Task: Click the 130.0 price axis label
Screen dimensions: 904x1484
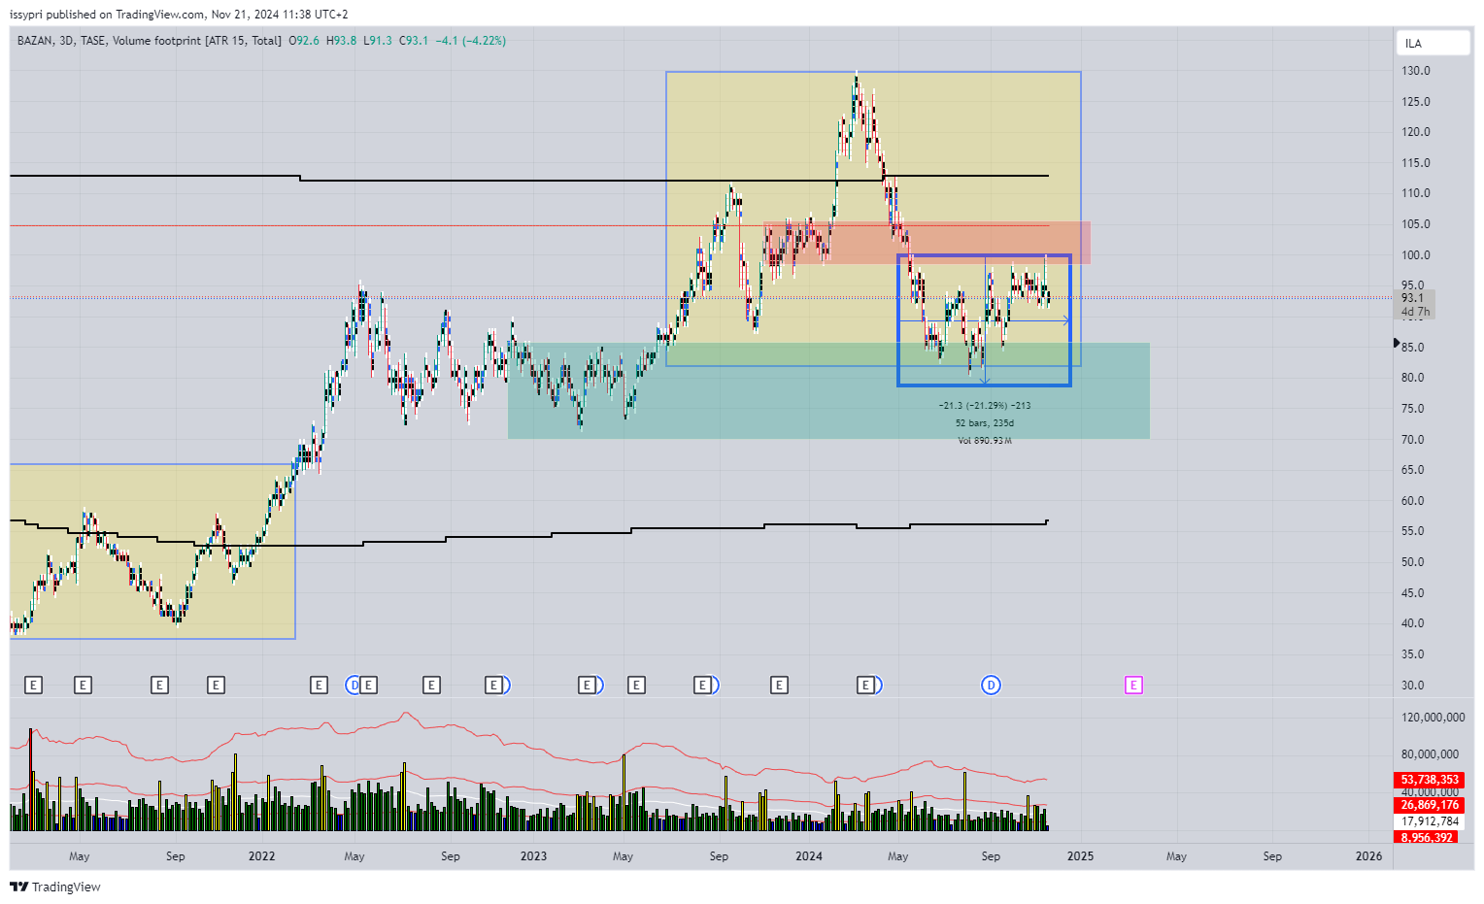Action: coord(1415,71)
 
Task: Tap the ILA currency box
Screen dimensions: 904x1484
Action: coord(1432,44)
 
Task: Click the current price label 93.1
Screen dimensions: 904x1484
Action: coord(1412,298)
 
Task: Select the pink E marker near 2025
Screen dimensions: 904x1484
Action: coord(1132,686)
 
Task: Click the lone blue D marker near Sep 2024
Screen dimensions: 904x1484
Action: coord(991,686)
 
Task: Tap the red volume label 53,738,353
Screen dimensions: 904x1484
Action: coord(1430,780)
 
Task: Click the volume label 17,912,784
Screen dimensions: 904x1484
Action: coord(1430,821)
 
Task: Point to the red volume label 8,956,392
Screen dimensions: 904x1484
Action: coord(1426,837)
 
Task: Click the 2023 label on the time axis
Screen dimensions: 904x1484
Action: coord(533,856)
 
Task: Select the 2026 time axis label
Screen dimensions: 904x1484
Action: coord(1368,856)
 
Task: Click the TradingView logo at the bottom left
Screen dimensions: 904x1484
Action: coord(55,887)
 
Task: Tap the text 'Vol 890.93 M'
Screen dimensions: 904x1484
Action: coord(984,441)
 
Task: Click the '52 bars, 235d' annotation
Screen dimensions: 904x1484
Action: coord(984,423)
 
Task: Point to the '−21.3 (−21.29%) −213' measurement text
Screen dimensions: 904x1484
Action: coord(984,406)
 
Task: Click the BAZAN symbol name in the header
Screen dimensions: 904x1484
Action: coord(35,41)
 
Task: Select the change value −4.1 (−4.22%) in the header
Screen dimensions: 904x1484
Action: coord(470,41)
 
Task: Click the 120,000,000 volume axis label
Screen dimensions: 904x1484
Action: coord(1433,718)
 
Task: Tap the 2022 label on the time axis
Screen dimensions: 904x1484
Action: coord(261,856)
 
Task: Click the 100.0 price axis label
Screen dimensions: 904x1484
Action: coord(1415,255)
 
